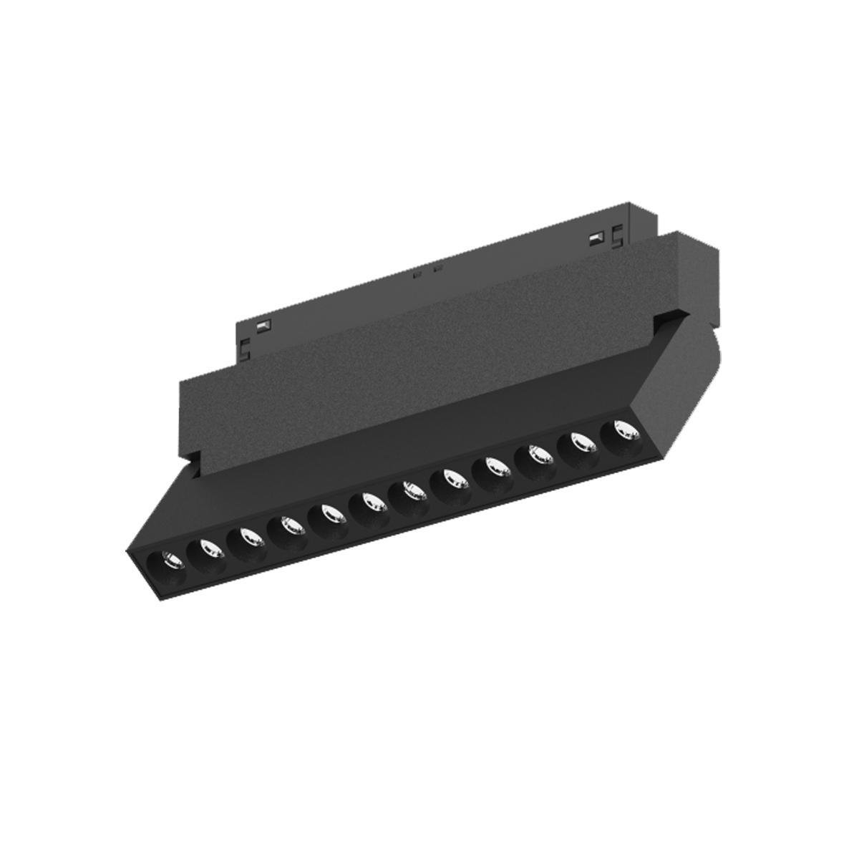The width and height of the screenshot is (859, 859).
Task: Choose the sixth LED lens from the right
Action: coord(412,490)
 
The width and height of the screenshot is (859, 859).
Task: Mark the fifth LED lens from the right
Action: coord(452,478)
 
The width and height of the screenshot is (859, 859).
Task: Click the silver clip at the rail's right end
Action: coord(593,237)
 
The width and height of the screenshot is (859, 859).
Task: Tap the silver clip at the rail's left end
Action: coord(263,326)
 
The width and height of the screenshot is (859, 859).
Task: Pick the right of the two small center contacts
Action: coord(438,270)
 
